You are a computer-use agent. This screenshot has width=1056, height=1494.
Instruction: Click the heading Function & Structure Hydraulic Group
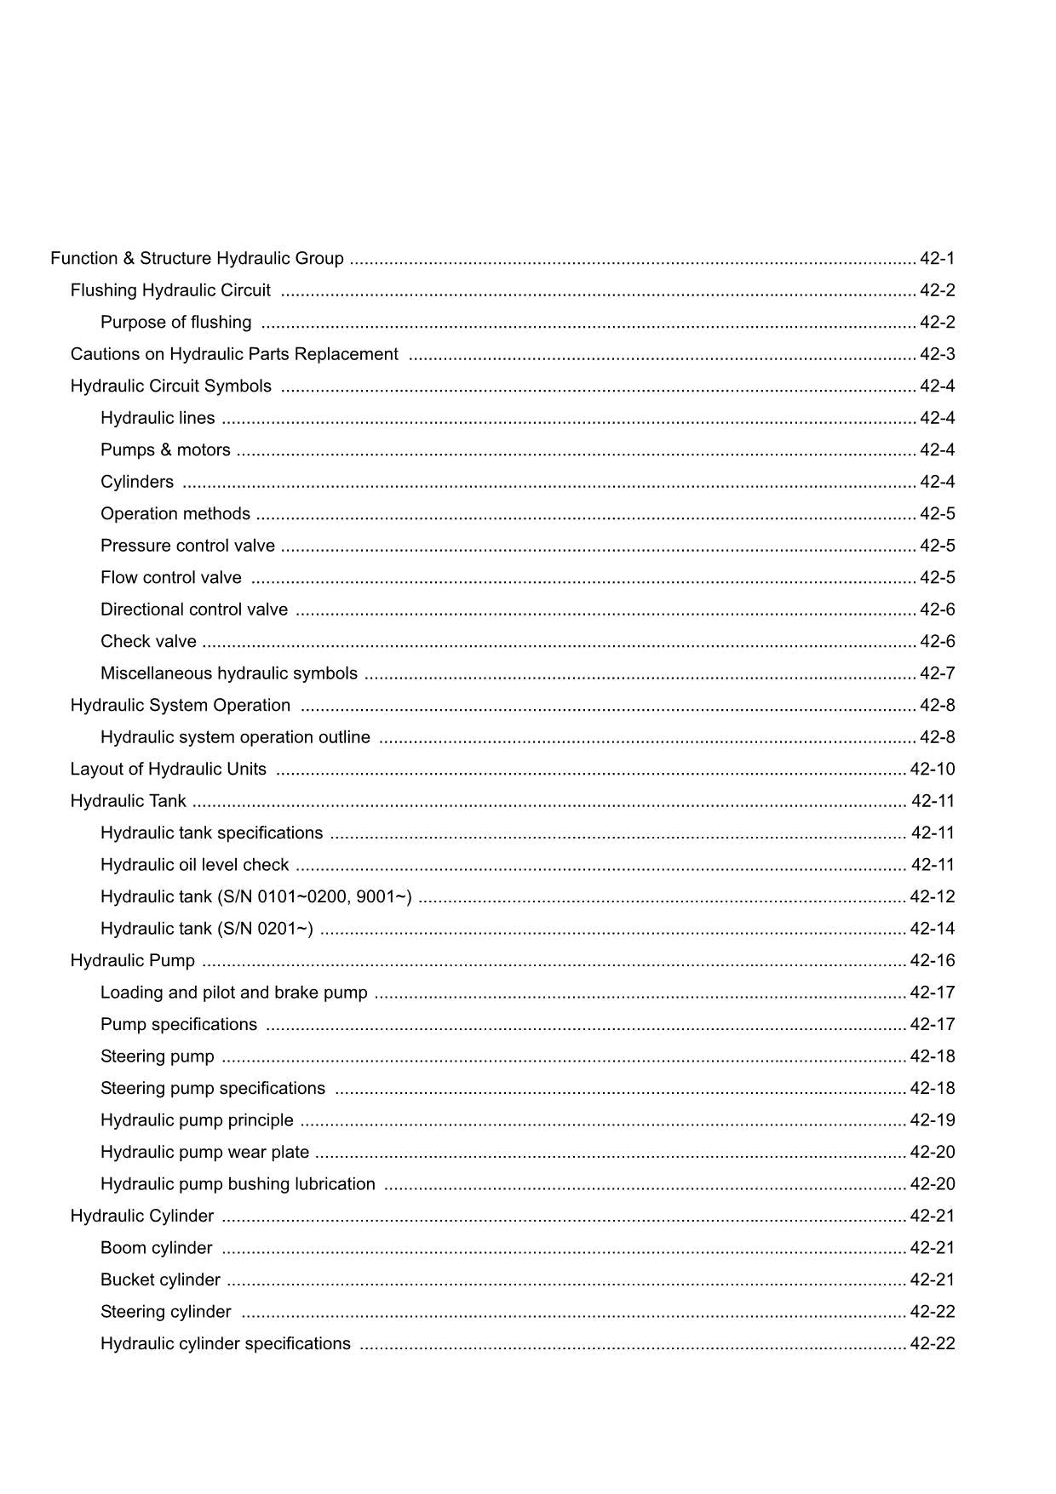pyautogui.click(x=197, y=258)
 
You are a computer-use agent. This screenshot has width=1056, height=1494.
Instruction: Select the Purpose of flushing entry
pyautogui.click(x=175, y=322)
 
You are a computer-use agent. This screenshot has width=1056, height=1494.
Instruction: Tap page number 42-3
pyautogui.click(x=937, y=354)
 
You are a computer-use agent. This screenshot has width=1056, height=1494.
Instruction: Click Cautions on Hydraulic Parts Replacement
pyautogui.click(x=234, y=354)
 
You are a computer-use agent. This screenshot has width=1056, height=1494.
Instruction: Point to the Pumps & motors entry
pyautogui.click(x=165, y=449)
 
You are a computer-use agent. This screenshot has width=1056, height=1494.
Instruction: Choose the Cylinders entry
pyautogui.click(x=137, y=482)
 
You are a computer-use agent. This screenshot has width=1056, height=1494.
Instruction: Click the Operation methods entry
pyautogui.click(x=175, y=513)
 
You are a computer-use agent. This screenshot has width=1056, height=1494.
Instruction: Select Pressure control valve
pyautogui.click(x=187, y=546)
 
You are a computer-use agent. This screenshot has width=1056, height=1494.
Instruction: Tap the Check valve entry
pyautogui.click(x=148, y=641)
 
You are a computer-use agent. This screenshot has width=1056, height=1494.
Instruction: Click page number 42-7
pyautogui.click(x=937, y=673)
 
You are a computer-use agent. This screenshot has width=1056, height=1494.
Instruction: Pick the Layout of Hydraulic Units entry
pyautogui.click(x=168, y=769)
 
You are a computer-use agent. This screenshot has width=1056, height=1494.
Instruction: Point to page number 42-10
pyautogui.click(x=933, y=769)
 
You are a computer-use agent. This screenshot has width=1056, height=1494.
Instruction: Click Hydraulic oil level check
pyautogui.click(x=194, y=865)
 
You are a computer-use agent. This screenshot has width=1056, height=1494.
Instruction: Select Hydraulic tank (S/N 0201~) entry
pyautogui.click(x=206, y=929)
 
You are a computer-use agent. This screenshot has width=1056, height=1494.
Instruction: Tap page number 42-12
pyautogui.click(x=933, y=896)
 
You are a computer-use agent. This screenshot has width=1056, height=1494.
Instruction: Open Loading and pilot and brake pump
pyautogui.click(x=233, y=993)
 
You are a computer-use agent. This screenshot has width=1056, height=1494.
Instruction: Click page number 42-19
pyautogui.click(x=933, y=1120)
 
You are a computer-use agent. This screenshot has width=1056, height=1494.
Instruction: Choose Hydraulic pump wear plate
pyautogui.click(x=204, y=1152)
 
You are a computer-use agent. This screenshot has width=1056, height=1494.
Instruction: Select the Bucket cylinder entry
pyautogui.click(x=160, y=1279)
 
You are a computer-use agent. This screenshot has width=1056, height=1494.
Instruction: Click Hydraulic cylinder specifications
pyautogui.click(x=225, y=1343)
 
